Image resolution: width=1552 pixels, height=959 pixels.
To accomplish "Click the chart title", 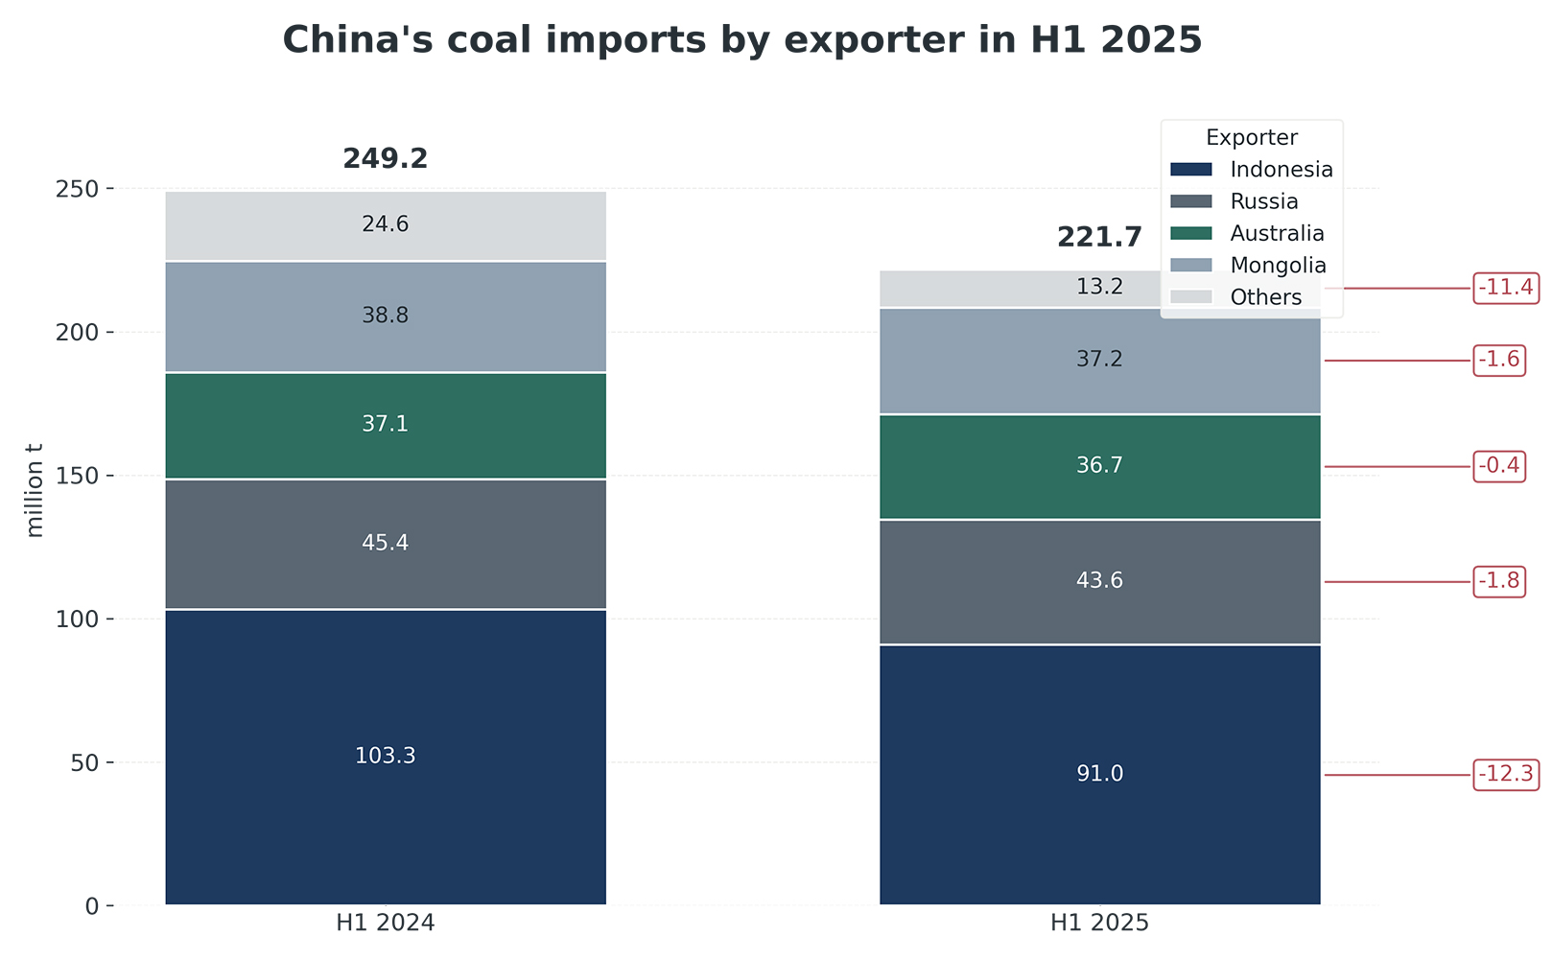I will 741,40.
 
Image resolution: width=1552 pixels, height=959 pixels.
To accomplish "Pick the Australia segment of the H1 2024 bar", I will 385,446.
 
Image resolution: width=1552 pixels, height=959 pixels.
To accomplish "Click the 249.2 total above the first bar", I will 385,159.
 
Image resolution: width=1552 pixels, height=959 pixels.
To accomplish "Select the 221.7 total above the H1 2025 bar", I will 1099,238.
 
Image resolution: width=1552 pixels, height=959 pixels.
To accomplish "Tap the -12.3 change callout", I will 1506,774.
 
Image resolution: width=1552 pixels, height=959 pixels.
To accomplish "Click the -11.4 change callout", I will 1506,287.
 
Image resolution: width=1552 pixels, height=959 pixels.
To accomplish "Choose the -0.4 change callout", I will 1499,467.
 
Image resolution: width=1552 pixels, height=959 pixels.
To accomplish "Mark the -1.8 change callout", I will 1499,582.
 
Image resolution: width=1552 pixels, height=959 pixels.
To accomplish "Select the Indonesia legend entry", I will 1281,170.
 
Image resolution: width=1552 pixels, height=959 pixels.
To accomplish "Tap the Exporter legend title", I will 1252,137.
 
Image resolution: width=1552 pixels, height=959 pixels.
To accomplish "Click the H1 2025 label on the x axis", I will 1099,924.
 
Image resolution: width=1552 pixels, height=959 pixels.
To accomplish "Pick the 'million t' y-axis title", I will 35,489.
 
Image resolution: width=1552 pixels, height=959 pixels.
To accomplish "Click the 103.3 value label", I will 385,756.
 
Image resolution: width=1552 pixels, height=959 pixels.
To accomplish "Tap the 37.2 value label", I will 1099,360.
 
